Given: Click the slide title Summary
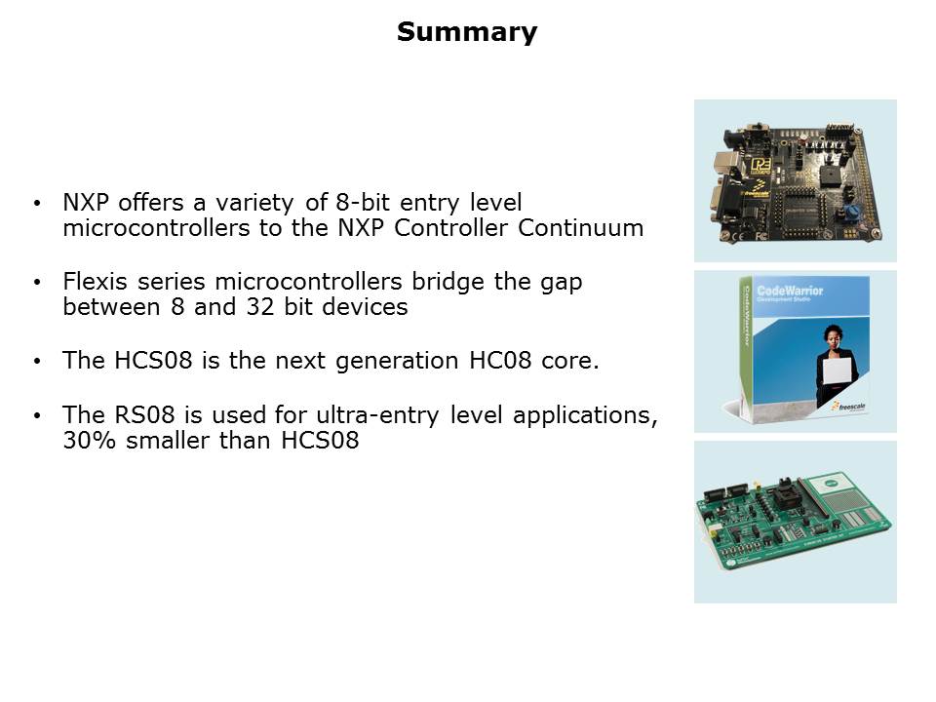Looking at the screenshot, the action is (x=467, y=32).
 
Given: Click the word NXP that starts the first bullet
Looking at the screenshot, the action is (x=86, y=203).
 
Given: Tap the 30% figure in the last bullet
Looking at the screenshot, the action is (x=89, y=441).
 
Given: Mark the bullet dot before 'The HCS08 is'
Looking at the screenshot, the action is (x=38, y=361).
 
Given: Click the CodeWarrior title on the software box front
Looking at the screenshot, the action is (x=790, y=291).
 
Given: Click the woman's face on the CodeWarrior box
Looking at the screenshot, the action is (x=832, y=335).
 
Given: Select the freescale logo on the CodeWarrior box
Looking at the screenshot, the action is (x=848, y=407).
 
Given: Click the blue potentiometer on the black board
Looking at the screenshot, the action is (x=852, y=212).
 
